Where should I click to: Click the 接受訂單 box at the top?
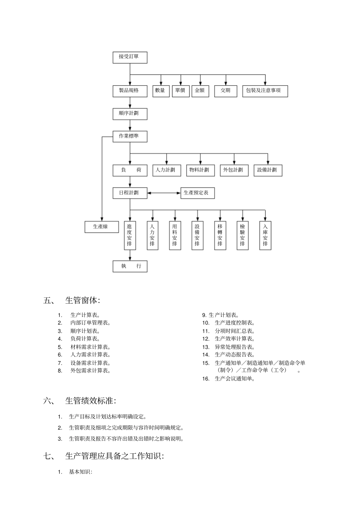(130, 57)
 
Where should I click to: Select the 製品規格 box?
(130, 91)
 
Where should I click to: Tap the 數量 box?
(161, 91)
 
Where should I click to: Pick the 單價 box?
(180, 91)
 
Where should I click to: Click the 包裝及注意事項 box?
(265, 91)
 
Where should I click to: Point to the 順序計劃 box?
(130, 114)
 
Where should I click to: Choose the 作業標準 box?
(130, 136)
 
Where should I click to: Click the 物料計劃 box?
(200, 170)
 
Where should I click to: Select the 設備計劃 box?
(268, 170)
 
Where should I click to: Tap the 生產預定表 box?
(197, 193)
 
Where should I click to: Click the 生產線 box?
(102, 227)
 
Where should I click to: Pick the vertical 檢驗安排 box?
(243, 235)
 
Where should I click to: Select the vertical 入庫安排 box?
(265, 235)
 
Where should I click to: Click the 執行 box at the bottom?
(130, 266)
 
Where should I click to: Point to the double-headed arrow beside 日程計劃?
(164, 193)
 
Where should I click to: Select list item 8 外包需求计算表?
(90, 371)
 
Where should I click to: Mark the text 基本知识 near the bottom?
(80, 472)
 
